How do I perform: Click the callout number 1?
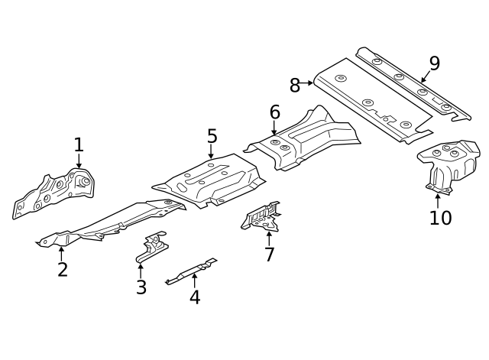[x=78, y=144]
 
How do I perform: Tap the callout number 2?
[x=62, y=269]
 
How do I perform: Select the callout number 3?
[x=141, y=287]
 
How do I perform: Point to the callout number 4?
[x=195, y=297]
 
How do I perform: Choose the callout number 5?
[x=212, y=136]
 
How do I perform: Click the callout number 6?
[x=274, y=112]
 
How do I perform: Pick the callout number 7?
[x=269, y=254]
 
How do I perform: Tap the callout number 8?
[x=295, y=85]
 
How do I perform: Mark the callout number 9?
[x=434, y=63]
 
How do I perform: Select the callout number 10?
[x=440, y=217]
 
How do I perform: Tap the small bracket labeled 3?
[x=153, y=246]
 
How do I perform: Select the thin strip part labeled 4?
[x=191, y=271]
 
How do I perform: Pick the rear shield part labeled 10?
[x=448, y=164]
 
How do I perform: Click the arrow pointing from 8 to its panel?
[x=308, y=82]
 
